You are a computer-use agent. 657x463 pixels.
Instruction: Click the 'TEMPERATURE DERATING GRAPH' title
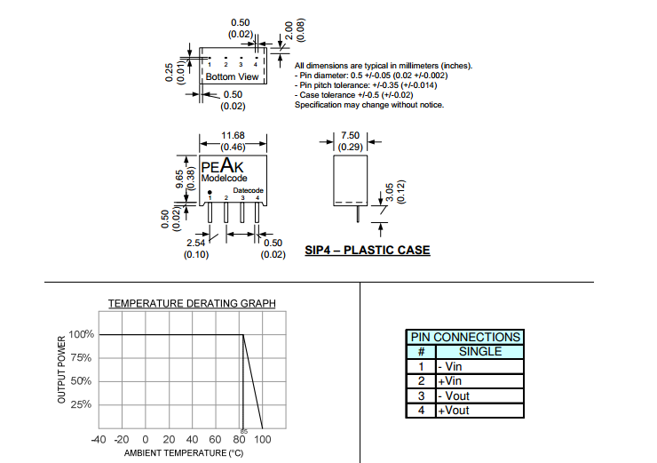coord(192,304)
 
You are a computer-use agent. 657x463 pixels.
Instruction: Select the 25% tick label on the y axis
coord(82,404)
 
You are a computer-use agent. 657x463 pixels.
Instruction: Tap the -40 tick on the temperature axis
coord(99,440)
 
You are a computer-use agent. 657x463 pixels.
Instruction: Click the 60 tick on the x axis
coord(216,440)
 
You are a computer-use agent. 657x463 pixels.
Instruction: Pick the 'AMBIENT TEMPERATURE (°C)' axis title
coord(184,454)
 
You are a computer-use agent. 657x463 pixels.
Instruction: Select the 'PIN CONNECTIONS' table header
coord(464,338)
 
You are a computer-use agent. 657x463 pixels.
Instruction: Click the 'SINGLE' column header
coord(479,351)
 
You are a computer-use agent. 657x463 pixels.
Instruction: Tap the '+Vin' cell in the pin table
coord(449,380)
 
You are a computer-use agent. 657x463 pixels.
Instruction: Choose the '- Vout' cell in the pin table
coord(452,395)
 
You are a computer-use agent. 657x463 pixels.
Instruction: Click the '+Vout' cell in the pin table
coord(452,411)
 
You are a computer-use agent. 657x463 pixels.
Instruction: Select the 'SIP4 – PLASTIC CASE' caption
coord(367,251)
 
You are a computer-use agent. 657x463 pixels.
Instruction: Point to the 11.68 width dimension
coord(233,136)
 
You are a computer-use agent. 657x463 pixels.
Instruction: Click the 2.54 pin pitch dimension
coord(196,243)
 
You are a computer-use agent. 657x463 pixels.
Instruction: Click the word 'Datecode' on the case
coord(249,190)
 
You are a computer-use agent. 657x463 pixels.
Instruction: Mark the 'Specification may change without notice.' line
coord(368,105)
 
